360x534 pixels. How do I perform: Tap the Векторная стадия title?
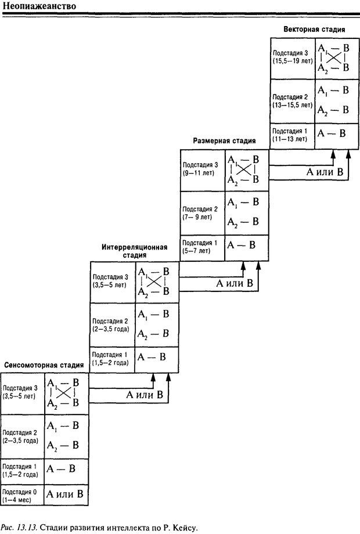pyautogui.click(x=315, y=29)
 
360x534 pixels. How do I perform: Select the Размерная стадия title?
pyautogui.click(x=224, y=140)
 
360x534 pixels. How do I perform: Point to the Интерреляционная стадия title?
pyautogui.click(x=134, y=251)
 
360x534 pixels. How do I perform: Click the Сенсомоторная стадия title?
pyautogui.click(x=44, y=365)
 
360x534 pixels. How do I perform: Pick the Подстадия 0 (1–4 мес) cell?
pyautogui.click(x=22, y=495)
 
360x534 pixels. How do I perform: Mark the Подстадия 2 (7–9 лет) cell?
pyautogui.click(x=203, y=212)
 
